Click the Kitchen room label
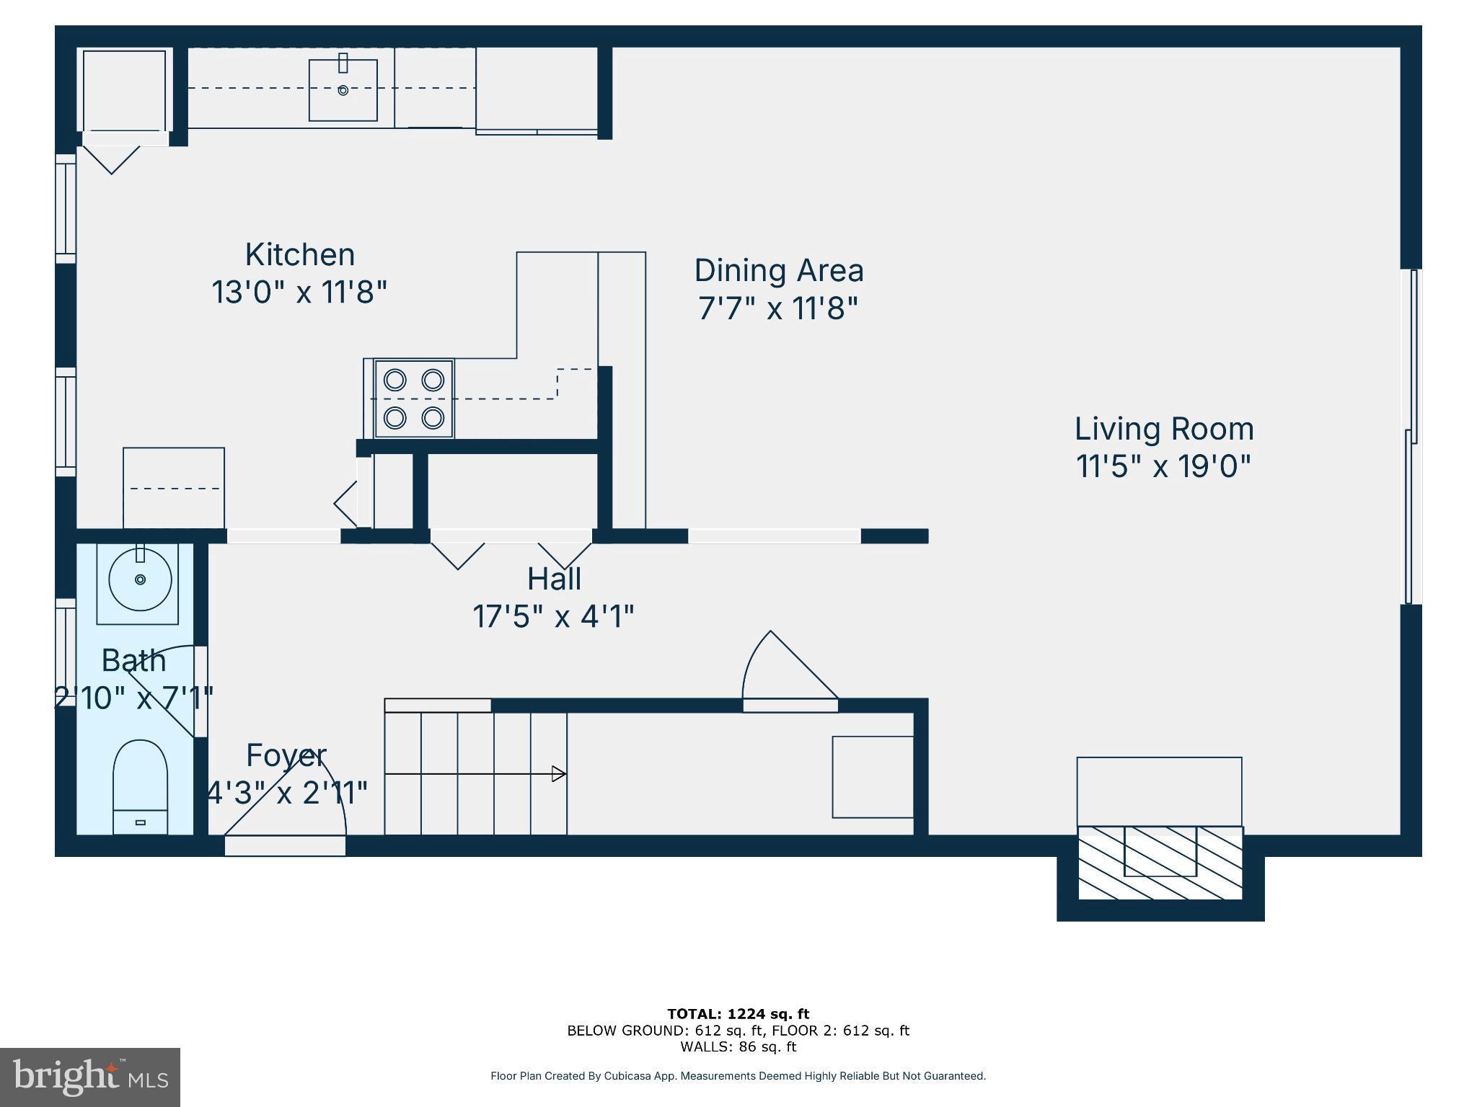[299, 255]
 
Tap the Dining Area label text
[778, 271]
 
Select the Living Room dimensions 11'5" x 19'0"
[1163, 466]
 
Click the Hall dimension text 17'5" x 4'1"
[553, 617]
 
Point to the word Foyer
[286, 755]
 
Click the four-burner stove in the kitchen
[414, 399]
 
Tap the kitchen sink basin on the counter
[343, 90]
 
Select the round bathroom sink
[140, 579]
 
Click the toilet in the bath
[141, 786]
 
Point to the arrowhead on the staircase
[558, 774]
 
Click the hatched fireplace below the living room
[1160, 863]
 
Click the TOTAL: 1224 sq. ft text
[738, 1014]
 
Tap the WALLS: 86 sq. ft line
[738, 1046]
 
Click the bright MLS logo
[90, 1077]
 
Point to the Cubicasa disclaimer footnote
[738, 1076]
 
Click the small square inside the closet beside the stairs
[873, 777]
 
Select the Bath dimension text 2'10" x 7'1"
[135, 698]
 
